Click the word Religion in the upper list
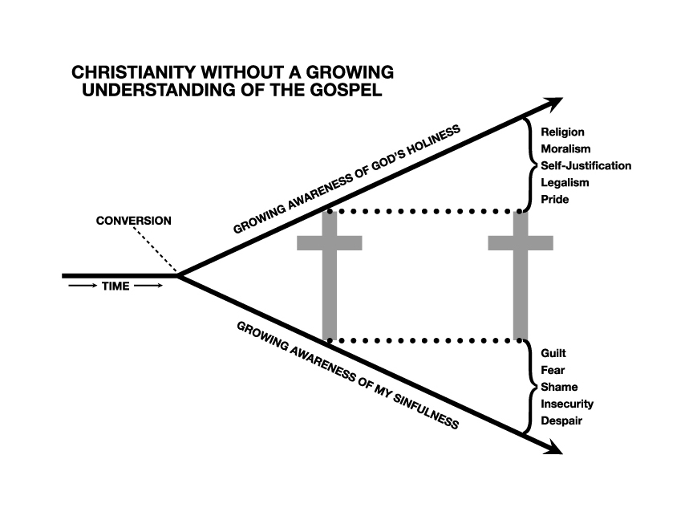click(x=562, y=132)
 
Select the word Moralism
click(x=565, y=148)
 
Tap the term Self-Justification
click(x=586, y=165)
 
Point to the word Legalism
click(x=565, y=182)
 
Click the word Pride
click(x=555, y=199)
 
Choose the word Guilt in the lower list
click(x=554, y=353)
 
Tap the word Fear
click(x=553, y=370)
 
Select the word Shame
click(x=559, y=387)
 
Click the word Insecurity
click(x=567, y=404)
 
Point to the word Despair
click(x=561, y=420)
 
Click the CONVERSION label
click(x=133, y=221)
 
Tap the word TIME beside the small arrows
click(x=116, y=286)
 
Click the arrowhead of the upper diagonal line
click(x=553, y=104)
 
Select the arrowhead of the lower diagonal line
click(x=553, y=449)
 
